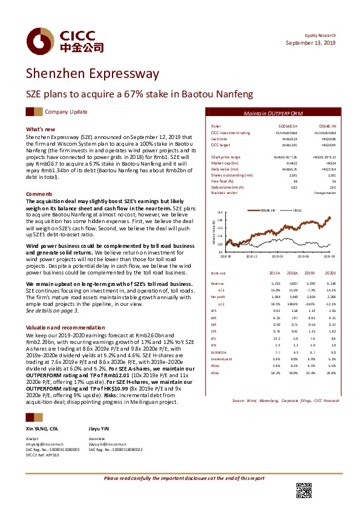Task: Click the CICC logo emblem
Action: [39, 41]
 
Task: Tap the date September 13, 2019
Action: [310, 44]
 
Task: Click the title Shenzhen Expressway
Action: [92, 74]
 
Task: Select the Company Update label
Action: [66, 112]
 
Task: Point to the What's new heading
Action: [41, 129]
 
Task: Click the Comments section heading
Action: [39, 194]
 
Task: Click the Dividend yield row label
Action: [222, 360]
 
